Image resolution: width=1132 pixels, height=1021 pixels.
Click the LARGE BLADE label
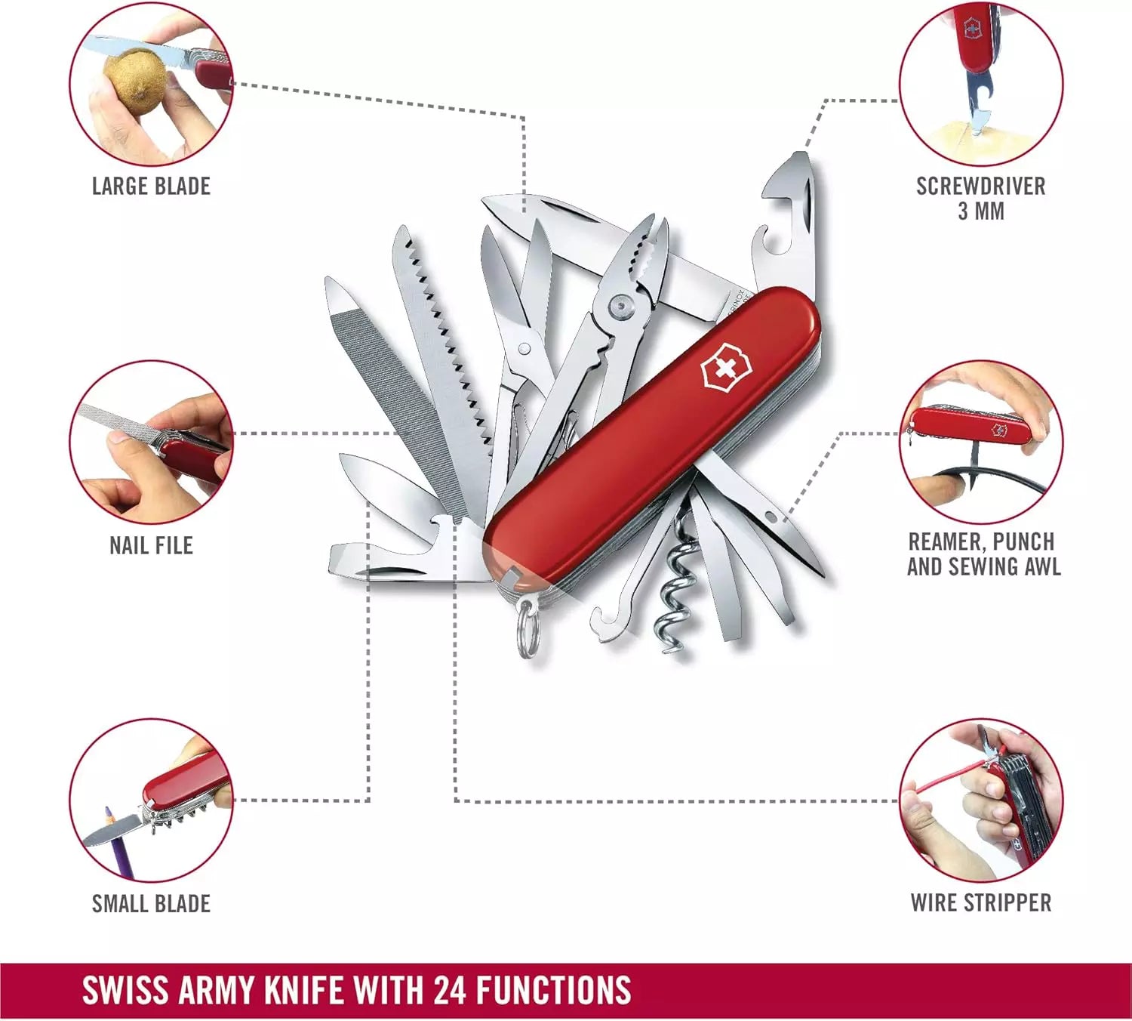tap(151, 186)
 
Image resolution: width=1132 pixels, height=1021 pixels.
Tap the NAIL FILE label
tap(151, 545)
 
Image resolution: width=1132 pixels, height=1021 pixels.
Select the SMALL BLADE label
tap(151, 903)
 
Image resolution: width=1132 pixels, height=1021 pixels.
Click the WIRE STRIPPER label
tap(980, 902)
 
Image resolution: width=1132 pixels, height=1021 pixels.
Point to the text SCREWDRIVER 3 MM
tap(980, 199)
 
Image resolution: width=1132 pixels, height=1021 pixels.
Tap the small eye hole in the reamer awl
tap(771, 517)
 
